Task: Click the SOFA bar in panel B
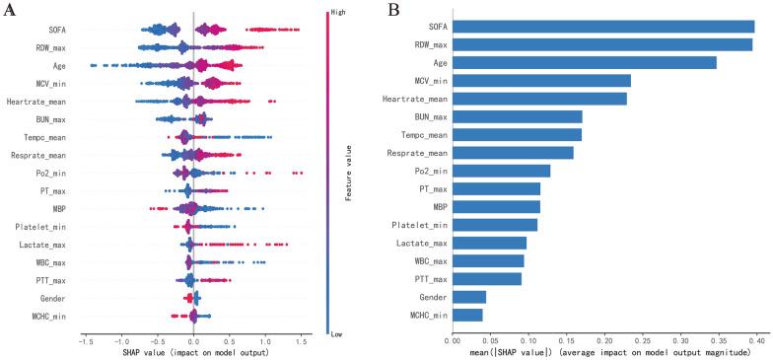pos(603,27)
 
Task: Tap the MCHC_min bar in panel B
pos(467,315)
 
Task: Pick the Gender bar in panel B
pos(469,297)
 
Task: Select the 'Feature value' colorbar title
pos(348,173)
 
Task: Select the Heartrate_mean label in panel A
pos(41,101)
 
